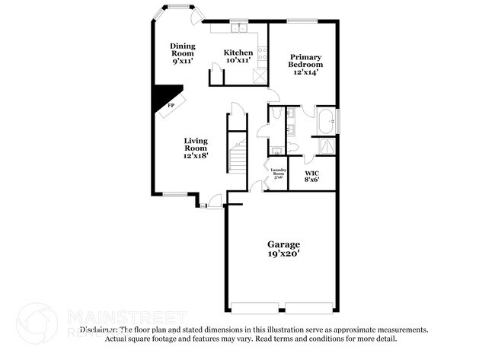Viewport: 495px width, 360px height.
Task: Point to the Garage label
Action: coord(283,244)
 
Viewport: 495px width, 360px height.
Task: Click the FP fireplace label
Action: coord(171,106)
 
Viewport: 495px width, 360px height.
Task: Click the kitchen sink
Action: coord(238,28)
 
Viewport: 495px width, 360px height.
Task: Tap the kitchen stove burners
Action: coord(263,53)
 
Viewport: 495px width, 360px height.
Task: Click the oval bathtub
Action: coord(327,120)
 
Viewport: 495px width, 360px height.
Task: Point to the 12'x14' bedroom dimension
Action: coord(305,72)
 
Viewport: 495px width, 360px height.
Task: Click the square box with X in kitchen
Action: coord(261,77)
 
